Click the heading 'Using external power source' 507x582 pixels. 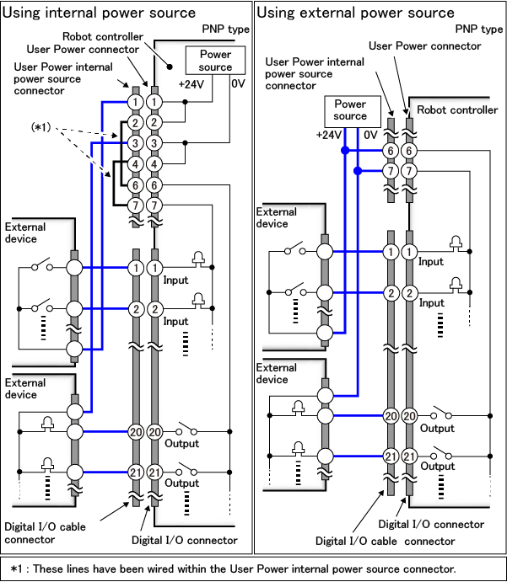(x=355, y=13)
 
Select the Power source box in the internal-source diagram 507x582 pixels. (x=215, y=61)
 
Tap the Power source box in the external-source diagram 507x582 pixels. (x=350, y=109)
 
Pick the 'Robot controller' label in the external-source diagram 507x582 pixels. (x=457, y=109)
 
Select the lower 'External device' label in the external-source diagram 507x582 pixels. (x=277, y=373)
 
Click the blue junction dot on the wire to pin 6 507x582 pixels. (x=344, y=151)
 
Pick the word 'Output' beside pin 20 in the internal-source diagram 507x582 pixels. (x=182, y=443)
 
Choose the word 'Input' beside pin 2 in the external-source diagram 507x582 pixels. (x=431, y=303)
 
